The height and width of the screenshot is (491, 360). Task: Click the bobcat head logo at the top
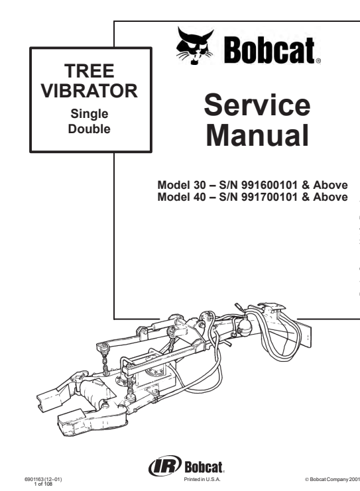pos(194,46)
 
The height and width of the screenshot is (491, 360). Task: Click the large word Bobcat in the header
pos(269,50)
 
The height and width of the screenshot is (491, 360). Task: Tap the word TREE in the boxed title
pos(90,71)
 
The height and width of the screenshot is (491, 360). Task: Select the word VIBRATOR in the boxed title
pos(90,91)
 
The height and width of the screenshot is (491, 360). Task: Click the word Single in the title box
pos(90,114)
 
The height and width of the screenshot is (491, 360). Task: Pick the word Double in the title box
pos(90,129)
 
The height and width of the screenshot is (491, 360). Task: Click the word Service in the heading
pos(257,105)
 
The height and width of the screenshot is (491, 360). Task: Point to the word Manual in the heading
pos(257,135)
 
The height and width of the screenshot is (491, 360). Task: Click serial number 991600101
pos(269,185)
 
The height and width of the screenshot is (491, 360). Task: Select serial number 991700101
pos(269,197)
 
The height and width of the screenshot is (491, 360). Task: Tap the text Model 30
pos(182,185)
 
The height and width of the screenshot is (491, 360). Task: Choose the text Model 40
pos(182,197)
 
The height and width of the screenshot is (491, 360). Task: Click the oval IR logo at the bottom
pos(165,466)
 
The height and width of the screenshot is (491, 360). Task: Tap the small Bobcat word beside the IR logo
pos(204,467)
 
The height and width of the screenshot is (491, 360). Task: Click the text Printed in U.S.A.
pos(202,480)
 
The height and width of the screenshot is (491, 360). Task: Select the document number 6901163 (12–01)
pos(43,480)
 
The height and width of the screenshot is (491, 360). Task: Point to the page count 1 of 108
pos(43,484)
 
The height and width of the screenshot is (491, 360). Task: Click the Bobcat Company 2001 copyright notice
pos(332,480)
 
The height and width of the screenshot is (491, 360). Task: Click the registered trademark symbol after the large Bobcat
pos(318,62)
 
